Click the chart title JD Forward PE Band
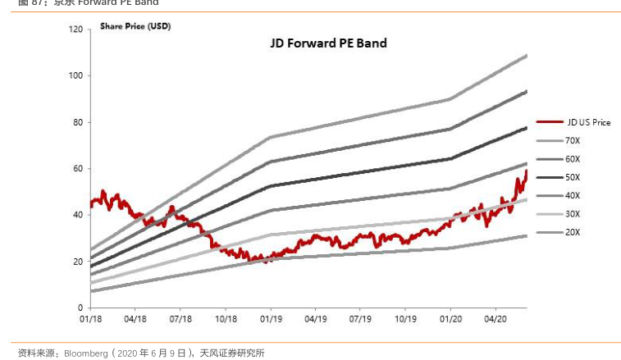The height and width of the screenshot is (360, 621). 328,43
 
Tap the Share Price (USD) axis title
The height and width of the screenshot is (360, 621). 135,26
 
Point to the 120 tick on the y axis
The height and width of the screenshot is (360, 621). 75,30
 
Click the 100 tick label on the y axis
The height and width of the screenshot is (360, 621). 75,76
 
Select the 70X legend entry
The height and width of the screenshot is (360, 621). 573,140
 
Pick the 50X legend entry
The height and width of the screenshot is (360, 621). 573,177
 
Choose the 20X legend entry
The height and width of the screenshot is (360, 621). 573,232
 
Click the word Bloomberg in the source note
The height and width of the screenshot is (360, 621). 86,353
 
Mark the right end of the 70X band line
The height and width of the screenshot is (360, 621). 526,55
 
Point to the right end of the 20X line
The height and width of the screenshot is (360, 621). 526,235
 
